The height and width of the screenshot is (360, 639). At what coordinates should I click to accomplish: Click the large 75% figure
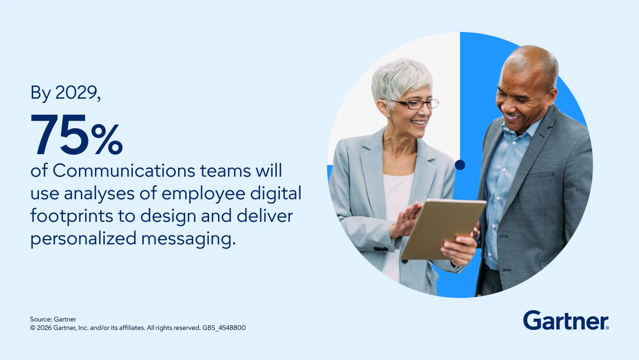[x=77, y=135]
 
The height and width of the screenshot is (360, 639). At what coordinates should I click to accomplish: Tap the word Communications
[x=123, y=171]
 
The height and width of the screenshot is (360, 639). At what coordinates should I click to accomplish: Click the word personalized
[x=83, y=239]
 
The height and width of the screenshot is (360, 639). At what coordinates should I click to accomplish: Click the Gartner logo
[x=566, y=321]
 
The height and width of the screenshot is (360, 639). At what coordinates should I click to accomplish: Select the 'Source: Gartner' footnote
[x=53, y=320]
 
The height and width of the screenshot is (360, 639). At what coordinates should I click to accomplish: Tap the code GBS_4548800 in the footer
[x=224, y=328]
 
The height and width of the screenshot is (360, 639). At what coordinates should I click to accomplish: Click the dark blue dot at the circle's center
[x=460, y=164]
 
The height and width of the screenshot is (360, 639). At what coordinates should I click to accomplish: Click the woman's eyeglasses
[x=412, y=104]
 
